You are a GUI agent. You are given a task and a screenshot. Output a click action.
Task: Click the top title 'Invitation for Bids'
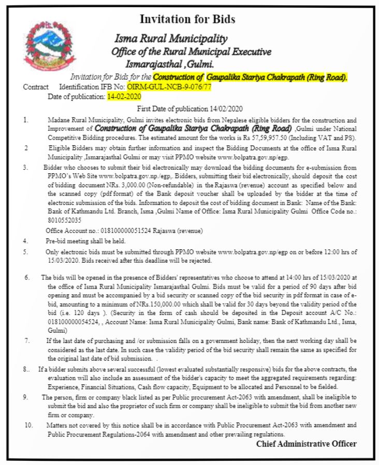click(187, 20)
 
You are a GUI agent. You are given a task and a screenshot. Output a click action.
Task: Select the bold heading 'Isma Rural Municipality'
click(171, 39)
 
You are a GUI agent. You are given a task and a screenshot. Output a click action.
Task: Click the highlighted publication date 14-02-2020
click(124, 96)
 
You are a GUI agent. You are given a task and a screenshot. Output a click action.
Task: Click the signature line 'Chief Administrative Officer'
click(306, 444)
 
